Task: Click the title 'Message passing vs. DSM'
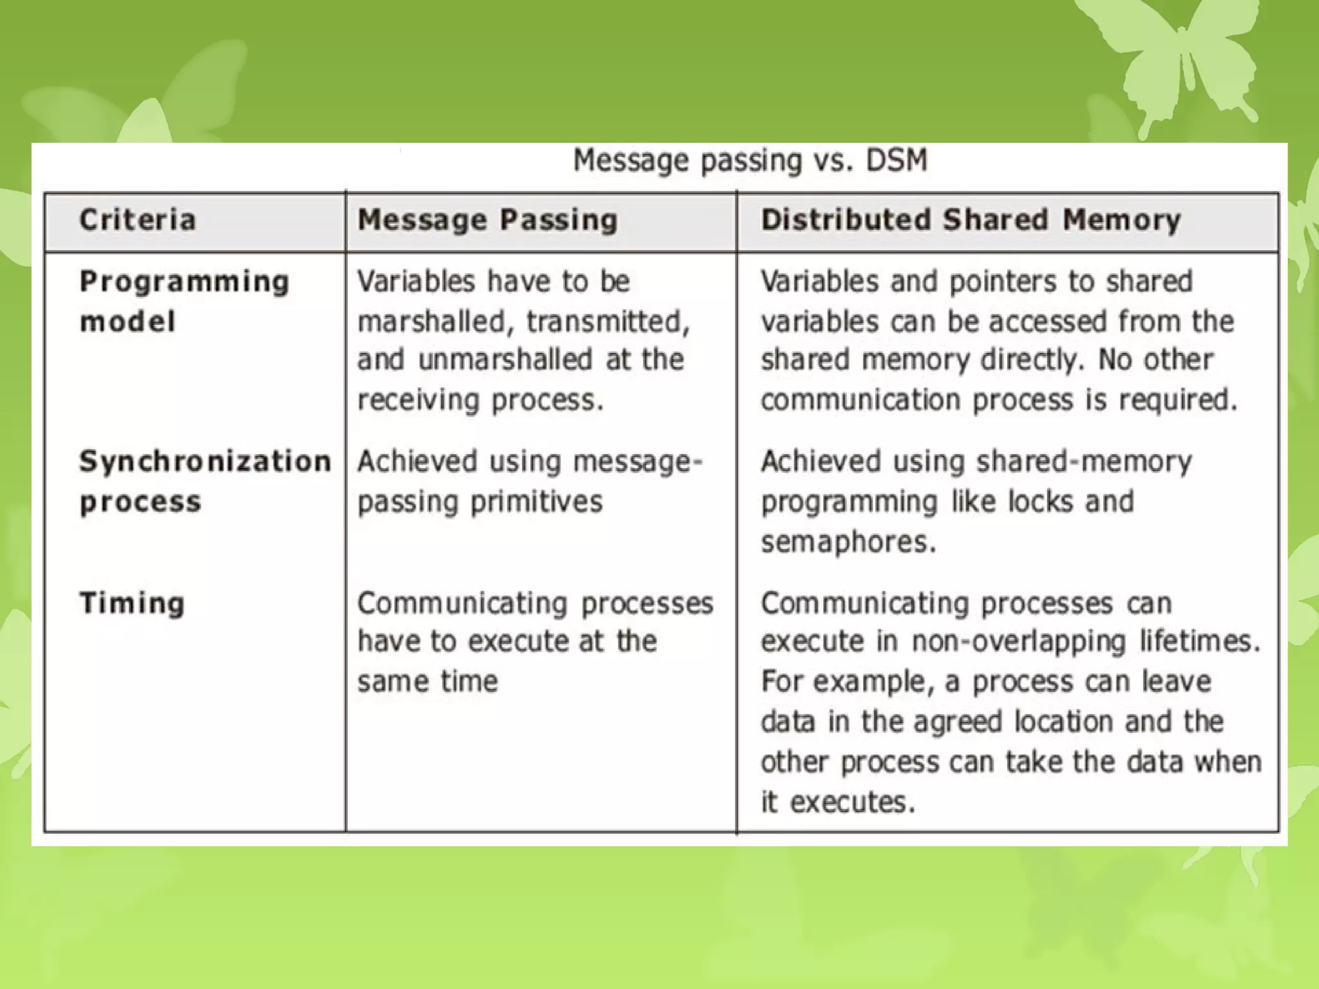pyautogui.click(x=750, y=160)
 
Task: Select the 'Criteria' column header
pyautogui.click(x=137, y=220)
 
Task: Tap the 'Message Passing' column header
pyautogui.click(x=488, y=220)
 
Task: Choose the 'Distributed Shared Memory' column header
pyautogui.click(x=971, y=220)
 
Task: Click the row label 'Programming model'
pyautogui.click(x=184, y=301)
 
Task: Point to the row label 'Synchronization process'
pyautogui.click(x=205, y=481)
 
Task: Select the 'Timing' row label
pyautogui.click(x=132, y=603)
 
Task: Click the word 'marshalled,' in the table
pyautogui.click(x=435, y=321)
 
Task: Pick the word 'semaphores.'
pyautogui.click(x=848, y=542)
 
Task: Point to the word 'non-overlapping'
pyautogui.click(x=1019, y=641)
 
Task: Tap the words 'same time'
pyautogui.click(x=428, y=681)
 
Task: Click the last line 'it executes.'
pyautogui.click(x=838, y=802)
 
